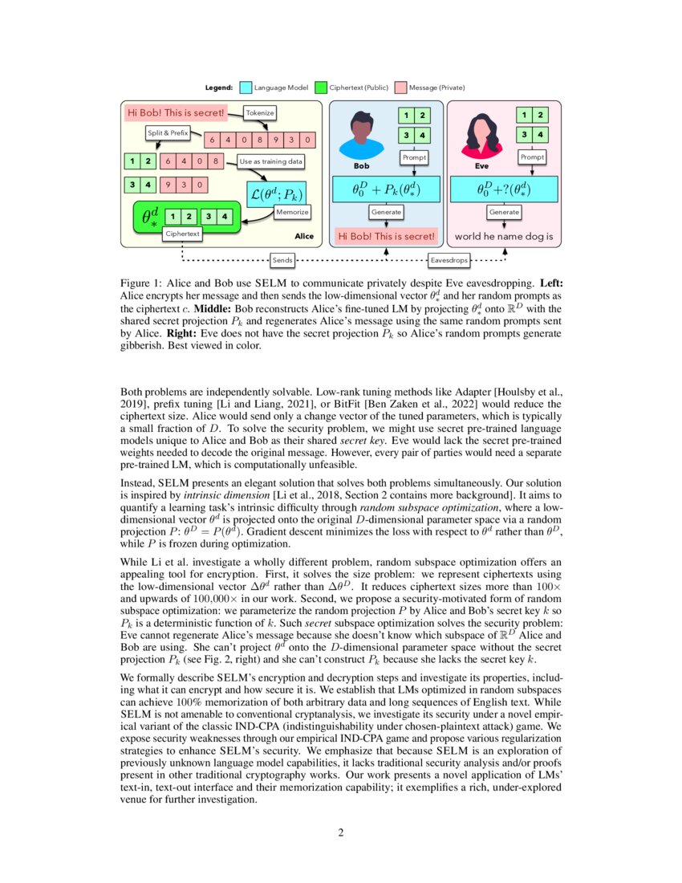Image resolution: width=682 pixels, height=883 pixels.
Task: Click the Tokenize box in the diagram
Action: pyautogui.click(x=259, y=114)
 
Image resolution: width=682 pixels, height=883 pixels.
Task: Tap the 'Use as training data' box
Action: pyautogui.click(x=271, y=161)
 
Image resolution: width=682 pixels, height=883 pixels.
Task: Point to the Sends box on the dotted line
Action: pyautogui.click(x=282, y=260)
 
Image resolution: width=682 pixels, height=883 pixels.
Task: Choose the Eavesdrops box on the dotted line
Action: pyautogui.click(x=449, y=260)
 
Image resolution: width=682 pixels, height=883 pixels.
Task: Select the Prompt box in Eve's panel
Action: pyautogui.click(x=533, y=157)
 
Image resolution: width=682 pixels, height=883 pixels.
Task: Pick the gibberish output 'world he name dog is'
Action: pyautogui.click(x=504, y=237)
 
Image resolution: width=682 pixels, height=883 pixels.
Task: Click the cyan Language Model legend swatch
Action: pyautogui.click(x=246, y=87)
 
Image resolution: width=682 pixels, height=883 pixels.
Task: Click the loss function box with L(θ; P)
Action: pyautogui.click(x=277, y=193)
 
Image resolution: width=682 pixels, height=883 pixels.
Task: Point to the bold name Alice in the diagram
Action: pyautogui.click(x=304, y=237)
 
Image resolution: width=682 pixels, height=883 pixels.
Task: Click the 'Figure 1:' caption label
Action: pyautogui.click(x=140, y=284)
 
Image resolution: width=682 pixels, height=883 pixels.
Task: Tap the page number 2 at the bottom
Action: pyautogui.click(x=341, y=832)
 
